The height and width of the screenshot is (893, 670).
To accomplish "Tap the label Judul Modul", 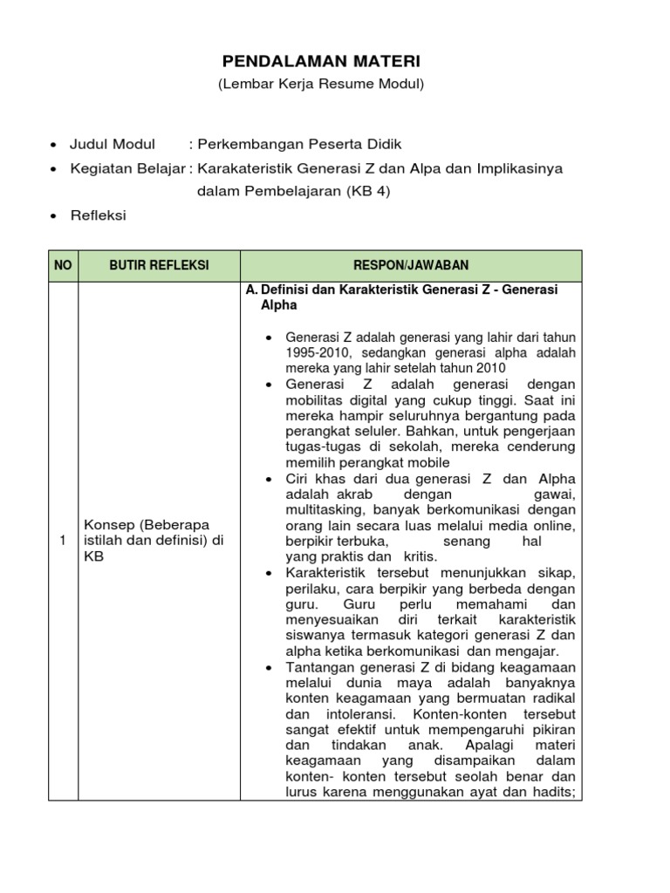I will point(113,144).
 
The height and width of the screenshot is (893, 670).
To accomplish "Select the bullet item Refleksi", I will point(98,215).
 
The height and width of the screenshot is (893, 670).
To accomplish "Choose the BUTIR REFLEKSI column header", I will point(159,265).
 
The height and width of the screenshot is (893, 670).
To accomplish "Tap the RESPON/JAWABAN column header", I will point(410,265).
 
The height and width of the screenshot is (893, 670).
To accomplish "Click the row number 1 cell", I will point(62,542).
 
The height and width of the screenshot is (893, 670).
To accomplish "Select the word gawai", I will point(556,494).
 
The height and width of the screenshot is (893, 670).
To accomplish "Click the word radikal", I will point(553,698).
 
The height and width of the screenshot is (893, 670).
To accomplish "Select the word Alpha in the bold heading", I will point(279,305).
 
